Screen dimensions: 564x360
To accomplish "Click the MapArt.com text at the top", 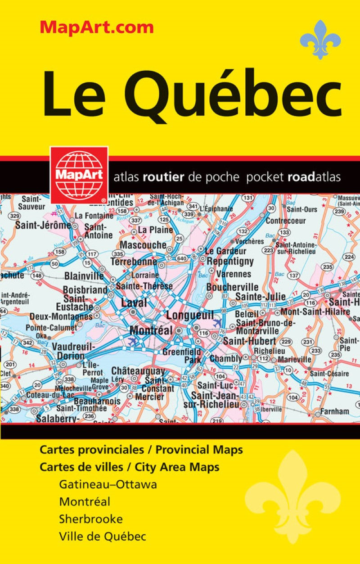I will [97, 27].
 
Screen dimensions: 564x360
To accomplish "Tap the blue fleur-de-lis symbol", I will [320, 40].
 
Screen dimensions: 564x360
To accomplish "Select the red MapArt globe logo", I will [79, 175].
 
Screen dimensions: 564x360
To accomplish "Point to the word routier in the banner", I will [163, 177].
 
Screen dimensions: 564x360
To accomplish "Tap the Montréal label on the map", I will [151, 330].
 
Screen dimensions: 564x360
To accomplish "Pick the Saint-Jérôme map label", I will [43, 225].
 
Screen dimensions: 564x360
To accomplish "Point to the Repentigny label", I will [230, 261].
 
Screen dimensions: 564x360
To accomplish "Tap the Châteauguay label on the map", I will [138, 371].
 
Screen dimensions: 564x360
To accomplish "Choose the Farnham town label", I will [334, 411].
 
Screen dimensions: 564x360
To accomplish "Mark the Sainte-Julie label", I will [260, 296].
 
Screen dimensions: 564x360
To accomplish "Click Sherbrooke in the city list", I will [90, 519].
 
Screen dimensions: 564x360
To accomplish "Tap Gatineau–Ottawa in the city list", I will [108, 485].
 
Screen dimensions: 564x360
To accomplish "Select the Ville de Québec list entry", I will [103, 536].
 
